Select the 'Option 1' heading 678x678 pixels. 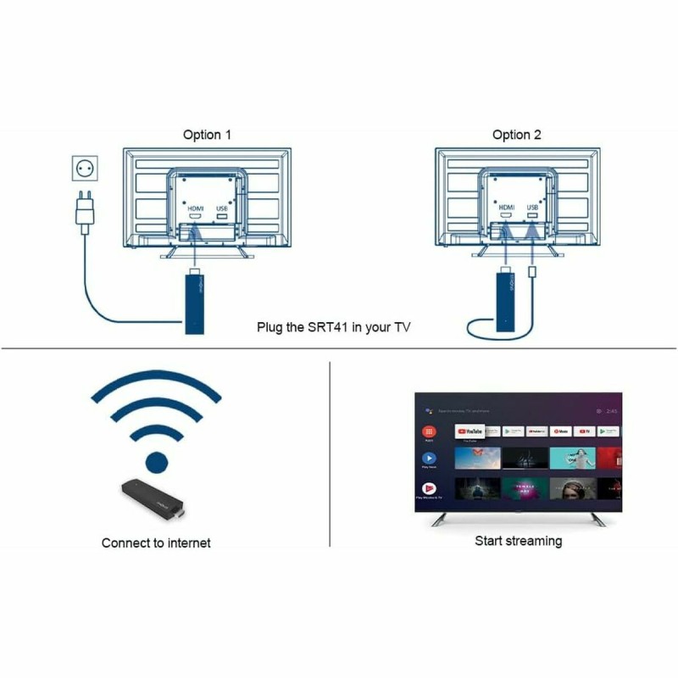[207, 135]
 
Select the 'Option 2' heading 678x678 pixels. [516, 135]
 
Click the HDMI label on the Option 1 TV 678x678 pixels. [196, 207]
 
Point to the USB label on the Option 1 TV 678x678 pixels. [222, 207]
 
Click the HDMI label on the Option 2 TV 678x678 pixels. [507, 207]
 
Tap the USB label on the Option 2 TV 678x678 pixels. [532, 207]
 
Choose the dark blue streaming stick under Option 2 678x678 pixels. [505, 302]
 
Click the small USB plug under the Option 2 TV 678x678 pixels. [532, 273]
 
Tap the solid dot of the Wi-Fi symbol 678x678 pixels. [156, 462]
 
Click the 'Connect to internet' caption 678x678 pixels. [156, 542]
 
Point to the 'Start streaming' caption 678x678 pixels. [518, 541]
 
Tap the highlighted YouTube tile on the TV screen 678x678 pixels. [469, 431]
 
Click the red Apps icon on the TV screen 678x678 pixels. [429, 431]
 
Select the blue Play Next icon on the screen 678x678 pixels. [429, 458]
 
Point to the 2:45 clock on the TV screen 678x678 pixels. [612, 410]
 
